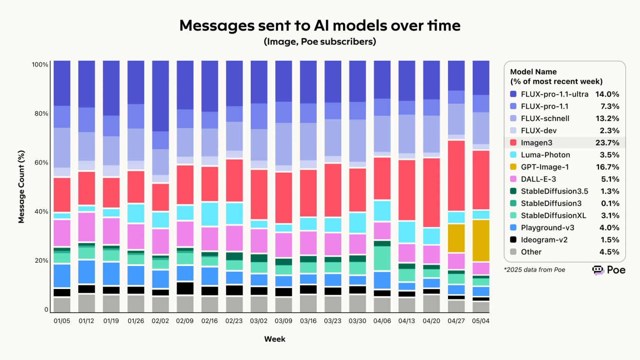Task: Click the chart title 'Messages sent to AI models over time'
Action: point(320,25)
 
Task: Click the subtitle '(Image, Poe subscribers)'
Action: point(320,42)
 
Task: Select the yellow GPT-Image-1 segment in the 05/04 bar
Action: point(481,241)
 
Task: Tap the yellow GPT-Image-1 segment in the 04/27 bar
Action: point(456,238)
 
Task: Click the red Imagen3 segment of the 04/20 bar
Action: point(431,192)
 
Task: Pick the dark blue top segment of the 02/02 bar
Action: point(160,96)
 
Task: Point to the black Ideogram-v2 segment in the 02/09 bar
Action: point(185,288)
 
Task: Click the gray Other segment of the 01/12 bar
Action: point(87,303)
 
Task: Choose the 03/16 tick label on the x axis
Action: point(308,321)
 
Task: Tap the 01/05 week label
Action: point(62,321)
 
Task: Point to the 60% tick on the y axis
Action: point(41,163)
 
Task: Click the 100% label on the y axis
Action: point(40,65)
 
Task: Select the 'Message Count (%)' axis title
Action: point(21,187)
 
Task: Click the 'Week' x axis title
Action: point(274,339)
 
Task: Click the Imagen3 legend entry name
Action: point(537,143)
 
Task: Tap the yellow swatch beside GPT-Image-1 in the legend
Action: point(513,167)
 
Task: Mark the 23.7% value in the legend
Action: point(607,143)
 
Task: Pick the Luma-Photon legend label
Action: point(545,155)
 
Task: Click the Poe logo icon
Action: point(598,270)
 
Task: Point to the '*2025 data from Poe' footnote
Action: point(535,270)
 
